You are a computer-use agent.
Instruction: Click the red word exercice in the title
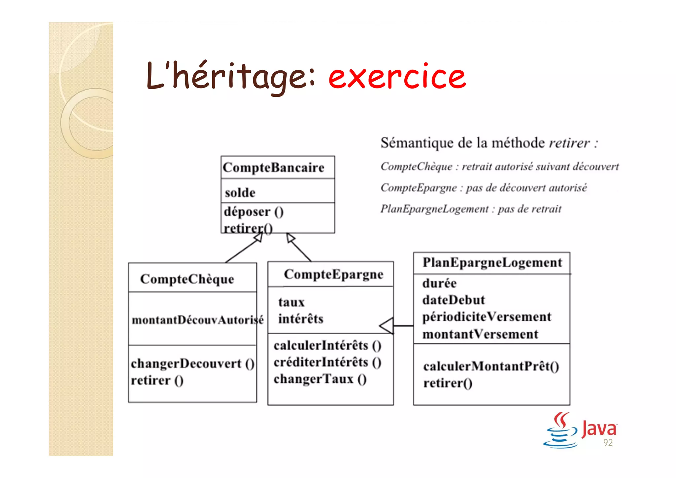pos(397,77)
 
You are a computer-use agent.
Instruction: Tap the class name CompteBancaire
pos(273,167)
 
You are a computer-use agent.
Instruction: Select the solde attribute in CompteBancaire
pos(240,193)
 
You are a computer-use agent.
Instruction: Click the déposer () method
pos(253,212)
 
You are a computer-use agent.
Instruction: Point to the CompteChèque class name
pos(187,279)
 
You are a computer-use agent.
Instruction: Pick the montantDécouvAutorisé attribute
pos(197,320)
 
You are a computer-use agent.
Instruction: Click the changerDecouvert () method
pos(192,364)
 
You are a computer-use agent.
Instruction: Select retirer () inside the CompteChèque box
pos(157,381)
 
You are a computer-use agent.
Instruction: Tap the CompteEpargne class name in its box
pos(333,274)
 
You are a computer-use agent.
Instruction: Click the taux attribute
pos(291,302)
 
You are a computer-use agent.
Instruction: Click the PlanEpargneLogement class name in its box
pos(492,263)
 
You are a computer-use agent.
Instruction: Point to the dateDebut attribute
pos(454,300)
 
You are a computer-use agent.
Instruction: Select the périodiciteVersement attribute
pos(487,317)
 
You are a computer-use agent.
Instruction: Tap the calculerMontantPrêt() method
pos(491,366)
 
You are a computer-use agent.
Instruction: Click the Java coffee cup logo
pos(560,430)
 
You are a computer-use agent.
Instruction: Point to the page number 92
pos(608,443)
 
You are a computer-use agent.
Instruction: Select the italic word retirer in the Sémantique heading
pos(569,143)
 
